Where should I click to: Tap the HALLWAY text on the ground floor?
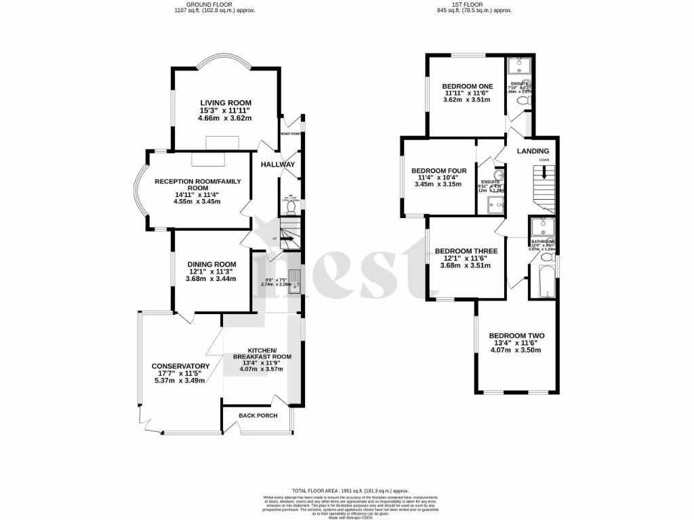[278, 165]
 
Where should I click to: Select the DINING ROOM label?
[212, 264]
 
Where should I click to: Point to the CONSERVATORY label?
[180, 366]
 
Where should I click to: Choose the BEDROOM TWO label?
[516, 336]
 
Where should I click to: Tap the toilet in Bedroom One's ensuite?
[521, 100]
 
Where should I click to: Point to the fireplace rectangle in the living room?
[222, 142]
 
